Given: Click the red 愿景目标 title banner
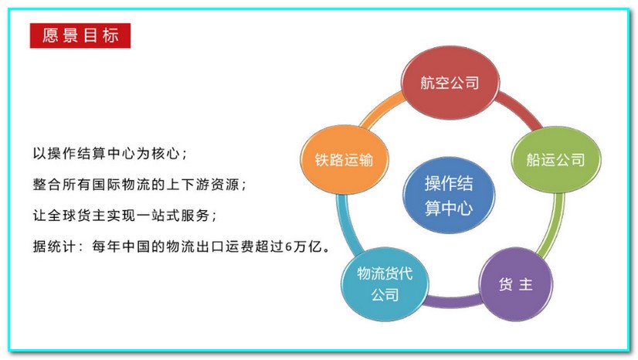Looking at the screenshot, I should (80, 36).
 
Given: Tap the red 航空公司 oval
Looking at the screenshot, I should (450, 83).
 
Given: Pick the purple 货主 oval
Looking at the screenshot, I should (515, 284).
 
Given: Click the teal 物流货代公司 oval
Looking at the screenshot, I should (384, 284).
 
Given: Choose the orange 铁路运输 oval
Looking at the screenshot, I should (344, 160).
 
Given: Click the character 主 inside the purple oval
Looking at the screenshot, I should (526, 284).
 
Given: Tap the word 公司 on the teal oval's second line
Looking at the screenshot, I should (384, 294).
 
